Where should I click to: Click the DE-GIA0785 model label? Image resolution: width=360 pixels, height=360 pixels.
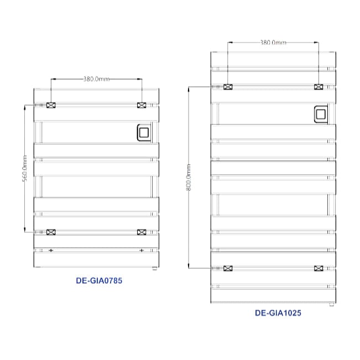pos(99,280)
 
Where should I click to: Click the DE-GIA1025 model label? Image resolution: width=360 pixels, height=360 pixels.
pos(278,313)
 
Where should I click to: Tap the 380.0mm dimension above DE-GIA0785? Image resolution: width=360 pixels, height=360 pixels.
pos(96,79)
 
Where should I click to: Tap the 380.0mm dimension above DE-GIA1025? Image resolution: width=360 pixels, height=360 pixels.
pos(273,43)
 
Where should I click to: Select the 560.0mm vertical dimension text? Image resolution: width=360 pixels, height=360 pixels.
pos(25,168)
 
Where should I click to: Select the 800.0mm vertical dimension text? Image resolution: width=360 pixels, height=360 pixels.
pos(188,178)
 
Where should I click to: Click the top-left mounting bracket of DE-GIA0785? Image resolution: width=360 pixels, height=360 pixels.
pos(51,105)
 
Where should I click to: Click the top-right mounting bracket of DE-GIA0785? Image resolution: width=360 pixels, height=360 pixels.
pos(142,105)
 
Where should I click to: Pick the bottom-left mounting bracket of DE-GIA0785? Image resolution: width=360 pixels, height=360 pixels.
pos(51,232)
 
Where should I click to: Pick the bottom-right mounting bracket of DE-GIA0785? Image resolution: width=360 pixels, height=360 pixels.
pos(142,232)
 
